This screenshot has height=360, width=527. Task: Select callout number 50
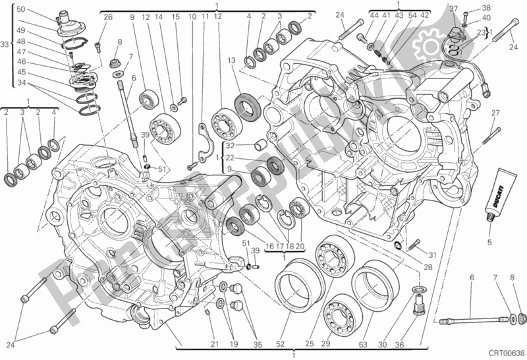(20, 9)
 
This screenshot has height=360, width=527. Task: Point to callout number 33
(5, 44)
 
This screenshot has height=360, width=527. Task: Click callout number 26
(108, 16)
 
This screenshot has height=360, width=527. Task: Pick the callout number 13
(231, 61)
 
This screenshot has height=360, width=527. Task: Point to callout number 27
(495, 113)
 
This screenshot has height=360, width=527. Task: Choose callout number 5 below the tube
(489, 241)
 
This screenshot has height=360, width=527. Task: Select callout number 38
(487, 9)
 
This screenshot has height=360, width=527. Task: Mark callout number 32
(229, 145)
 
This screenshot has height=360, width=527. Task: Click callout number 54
(412, 15)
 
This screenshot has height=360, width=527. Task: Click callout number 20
(300, 247)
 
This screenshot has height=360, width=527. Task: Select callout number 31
(432, 256)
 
